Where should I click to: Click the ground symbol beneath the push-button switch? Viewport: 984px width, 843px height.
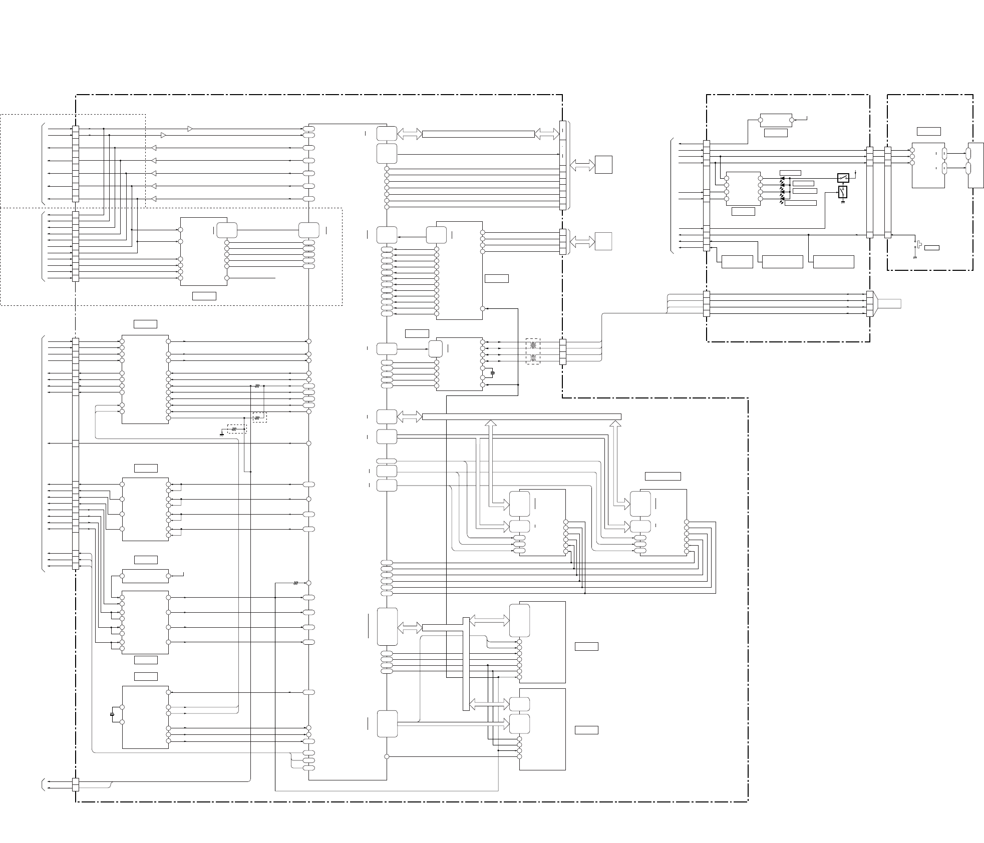coord(915,258)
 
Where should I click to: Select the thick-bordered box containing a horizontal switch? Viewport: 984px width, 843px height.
coord(843,178)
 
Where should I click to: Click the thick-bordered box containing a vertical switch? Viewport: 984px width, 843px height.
coord(843,192)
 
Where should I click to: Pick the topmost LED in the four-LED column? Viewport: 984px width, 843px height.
coord(782,178)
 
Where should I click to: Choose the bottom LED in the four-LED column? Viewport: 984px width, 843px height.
coord(782,200)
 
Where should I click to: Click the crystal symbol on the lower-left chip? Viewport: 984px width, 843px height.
coord(112,714)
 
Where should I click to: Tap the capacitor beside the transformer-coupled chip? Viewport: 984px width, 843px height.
coord(493,372)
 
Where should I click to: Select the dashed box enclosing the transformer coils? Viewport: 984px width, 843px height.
coord(533,351)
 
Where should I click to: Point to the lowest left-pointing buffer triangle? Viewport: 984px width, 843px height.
coord(154,199)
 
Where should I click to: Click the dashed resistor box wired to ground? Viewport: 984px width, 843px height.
coord(237,429)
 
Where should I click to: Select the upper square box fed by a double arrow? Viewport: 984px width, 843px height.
coord(603,165)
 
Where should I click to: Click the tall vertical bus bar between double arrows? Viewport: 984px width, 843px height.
coord(466,664)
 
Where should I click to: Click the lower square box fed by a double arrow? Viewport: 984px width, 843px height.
coord(603,241)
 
